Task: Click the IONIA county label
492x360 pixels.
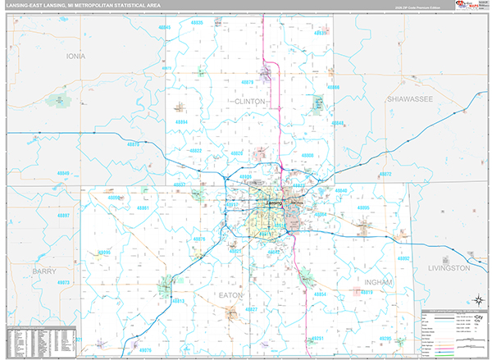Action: tap(75, 57)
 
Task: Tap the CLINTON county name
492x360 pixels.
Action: tap(250, 102)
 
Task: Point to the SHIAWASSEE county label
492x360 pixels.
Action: tap(410, 98)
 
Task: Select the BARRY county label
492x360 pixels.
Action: tap(44, 270)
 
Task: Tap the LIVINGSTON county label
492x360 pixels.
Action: tap(449, 268)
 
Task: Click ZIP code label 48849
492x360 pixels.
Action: tap(64, 174)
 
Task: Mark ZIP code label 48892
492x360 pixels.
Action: tap(403, 258)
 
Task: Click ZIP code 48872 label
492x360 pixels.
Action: tap(385, 175)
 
